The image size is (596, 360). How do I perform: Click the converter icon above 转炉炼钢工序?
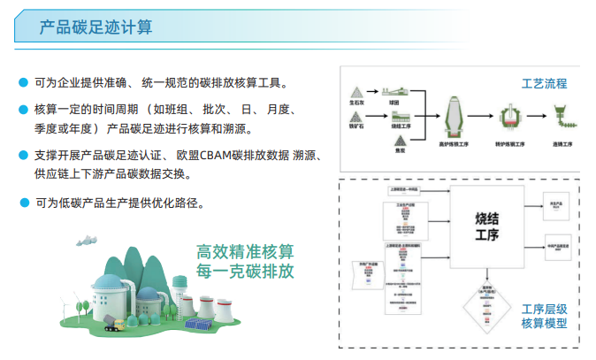[509, 117]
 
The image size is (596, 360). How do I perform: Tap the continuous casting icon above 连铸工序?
[562, 114]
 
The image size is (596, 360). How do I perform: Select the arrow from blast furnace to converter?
[483, 116]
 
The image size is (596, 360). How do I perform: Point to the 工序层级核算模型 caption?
[543, 316]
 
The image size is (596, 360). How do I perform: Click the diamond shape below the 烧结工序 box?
[485, 306]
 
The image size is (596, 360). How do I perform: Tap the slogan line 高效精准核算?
[245, 251]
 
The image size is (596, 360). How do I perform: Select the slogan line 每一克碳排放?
[245, 271]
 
